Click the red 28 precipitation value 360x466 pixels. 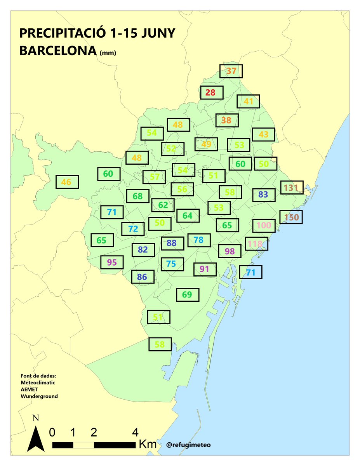[212, 92]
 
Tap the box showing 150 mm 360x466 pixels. [291, 217]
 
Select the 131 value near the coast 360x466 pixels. [291, 188]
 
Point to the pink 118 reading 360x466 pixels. [256, 244]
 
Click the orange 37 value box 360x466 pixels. [231, 71]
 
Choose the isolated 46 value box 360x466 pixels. [67, 182]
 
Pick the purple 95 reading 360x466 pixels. [112, 262]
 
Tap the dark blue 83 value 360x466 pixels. [263, 195]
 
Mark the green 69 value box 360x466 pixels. [187, 295]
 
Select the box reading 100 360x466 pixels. [264, 225]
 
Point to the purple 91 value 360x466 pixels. [205, 269]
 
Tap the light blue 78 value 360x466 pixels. [198, 240]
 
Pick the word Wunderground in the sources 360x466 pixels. [39, 396]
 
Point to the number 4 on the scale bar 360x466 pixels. [135, 432]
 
